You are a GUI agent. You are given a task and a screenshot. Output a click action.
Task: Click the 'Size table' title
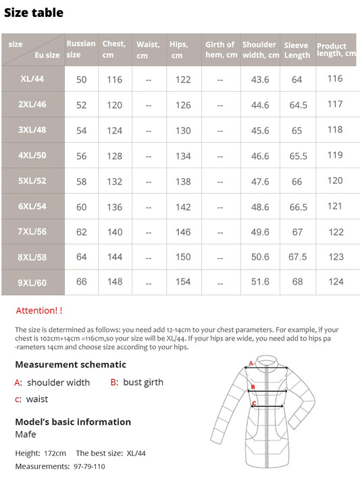pos(34,12)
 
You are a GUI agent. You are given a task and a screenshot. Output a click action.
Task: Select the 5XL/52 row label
pos(32,181)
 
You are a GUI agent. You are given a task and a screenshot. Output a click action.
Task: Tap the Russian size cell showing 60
pos(82,207)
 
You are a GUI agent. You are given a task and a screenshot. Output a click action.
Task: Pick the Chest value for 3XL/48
pos(115,130)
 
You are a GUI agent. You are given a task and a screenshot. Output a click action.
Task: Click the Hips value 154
pos(183,282)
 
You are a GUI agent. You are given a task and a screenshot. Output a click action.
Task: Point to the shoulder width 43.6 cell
pos(260,80)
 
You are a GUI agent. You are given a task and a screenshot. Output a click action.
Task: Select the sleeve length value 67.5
pos(297,257)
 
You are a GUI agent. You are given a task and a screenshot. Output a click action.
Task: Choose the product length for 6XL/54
pos(336,206)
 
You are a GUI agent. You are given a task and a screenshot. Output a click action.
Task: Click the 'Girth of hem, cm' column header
pos(220,49)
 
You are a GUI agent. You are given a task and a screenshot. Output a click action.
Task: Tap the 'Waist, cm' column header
pos(148,49)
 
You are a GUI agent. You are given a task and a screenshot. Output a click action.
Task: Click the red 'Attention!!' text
pos(38,310)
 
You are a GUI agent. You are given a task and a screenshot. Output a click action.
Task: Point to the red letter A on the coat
pos(251,363)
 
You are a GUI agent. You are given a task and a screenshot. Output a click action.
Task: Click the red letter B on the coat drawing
pos(253,387)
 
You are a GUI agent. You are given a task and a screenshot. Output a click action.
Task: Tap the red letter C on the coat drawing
pos(253,404)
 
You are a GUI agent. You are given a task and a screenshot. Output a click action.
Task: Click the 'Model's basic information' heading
pos(72,422)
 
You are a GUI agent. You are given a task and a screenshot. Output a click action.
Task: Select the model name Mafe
pos(26,434)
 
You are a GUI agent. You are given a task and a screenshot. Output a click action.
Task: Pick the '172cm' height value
pos(54,453)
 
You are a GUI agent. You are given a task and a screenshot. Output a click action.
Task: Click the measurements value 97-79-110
pos(88,466)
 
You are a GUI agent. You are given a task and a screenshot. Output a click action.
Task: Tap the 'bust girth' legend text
pos(143,382)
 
